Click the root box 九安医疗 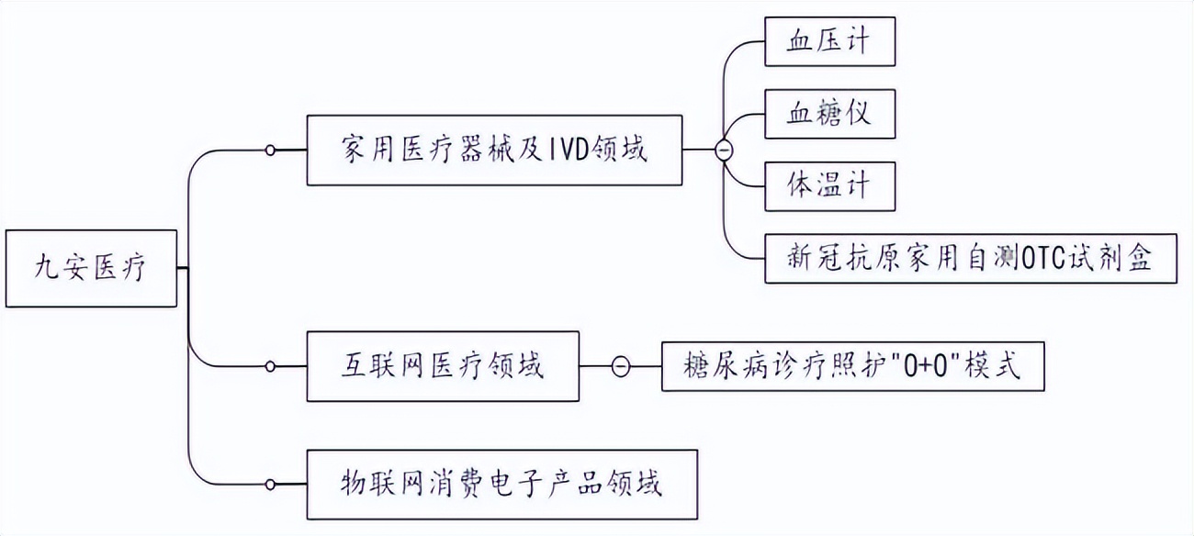click(90, 268)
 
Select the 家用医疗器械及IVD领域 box click(494, 151)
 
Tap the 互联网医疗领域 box click(442, 366)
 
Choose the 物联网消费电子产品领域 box click(496, 483)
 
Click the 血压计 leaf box click(829, 42)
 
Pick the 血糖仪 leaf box click(829, 114)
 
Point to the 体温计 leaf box click(829, 185)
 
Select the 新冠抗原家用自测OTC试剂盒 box click(971, 258)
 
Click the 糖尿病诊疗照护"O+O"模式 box click(851, 366)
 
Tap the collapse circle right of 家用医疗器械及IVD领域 click(724, 151)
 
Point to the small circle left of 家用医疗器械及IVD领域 click(270, 151)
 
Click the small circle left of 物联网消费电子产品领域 click(270, 484)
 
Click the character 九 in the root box click(47, 269)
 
